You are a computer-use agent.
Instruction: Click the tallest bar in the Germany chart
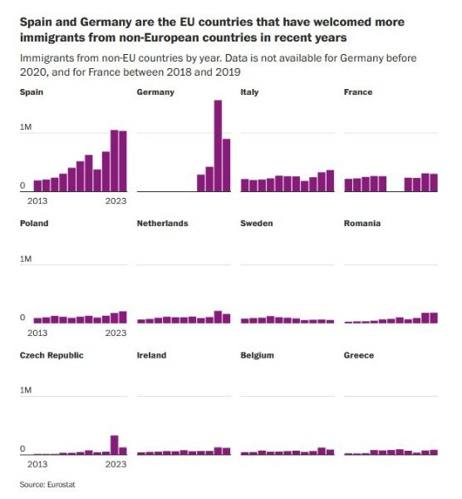point(219,146)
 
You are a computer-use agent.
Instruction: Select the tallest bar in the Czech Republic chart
point(115,445)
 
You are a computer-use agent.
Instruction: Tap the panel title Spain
point(32,92)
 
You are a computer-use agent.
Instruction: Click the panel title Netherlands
point(163,224)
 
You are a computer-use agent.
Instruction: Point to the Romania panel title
point(362,224)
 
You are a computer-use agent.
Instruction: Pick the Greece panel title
point(359,355)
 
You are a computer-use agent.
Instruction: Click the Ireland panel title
point(152,355)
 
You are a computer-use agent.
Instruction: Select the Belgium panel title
point(258,355)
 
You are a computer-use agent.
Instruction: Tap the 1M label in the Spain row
point(26,127)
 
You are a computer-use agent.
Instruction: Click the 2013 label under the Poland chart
point(37,333)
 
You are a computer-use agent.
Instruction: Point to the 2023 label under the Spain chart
point(116,201)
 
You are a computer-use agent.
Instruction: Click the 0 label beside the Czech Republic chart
point(22,449)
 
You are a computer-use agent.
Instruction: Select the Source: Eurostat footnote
point(47,484)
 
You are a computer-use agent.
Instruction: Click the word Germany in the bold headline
point(106,22)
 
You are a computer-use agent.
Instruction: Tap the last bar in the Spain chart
point(123,161)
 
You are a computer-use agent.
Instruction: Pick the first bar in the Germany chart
point(201,183)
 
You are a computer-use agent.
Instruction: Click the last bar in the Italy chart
point(331,180)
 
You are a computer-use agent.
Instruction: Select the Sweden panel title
point(257,224)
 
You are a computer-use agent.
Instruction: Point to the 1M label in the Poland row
point(26,259)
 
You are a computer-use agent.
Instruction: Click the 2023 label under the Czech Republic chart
point(116,464)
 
